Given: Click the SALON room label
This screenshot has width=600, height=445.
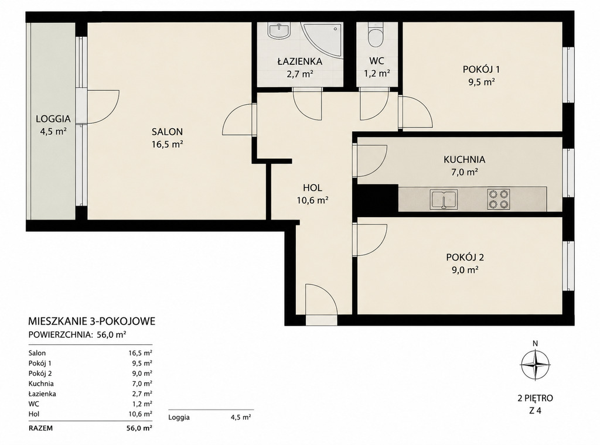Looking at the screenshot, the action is pyautogui.click(x=167, y=132).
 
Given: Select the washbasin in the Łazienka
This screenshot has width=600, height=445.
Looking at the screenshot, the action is pyautogui.click(x=279, y=30).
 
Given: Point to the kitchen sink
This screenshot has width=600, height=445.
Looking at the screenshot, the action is pyautogui.click(x=444, y=200).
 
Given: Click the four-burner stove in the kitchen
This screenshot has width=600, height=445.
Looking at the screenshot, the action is pyautogui.click(x=499, y=200).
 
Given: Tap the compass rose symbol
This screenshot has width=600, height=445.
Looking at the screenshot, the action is pyautogui.click(x=535, y=364).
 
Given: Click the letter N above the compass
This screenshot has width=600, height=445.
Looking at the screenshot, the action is pyautogui.click(x=536, y=343).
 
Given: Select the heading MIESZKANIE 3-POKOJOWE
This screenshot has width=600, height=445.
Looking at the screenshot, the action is pyautogui.click(x=92, y=321).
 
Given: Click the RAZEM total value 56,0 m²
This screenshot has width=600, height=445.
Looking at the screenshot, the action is pyautogui.click(x=139, y=428).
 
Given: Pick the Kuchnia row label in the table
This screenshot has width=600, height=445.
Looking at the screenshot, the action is pyautogui.click(x=41, y=384).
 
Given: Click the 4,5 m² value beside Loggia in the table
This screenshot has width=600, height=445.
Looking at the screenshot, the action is pyautogui.click(x=241, y=417).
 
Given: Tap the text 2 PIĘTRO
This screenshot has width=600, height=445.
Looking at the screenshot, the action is pyautogui.click(x=536, y=398).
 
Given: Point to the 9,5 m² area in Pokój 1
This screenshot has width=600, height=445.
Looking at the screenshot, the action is pyautogui.click(x=482, y=82).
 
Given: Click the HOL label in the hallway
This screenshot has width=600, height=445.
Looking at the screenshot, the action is pyautogui.click(x=312, y=188).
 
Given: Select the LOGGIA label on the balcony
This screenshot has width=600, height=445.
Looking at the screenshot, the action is pyautogui.click(x=53, y=119).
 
